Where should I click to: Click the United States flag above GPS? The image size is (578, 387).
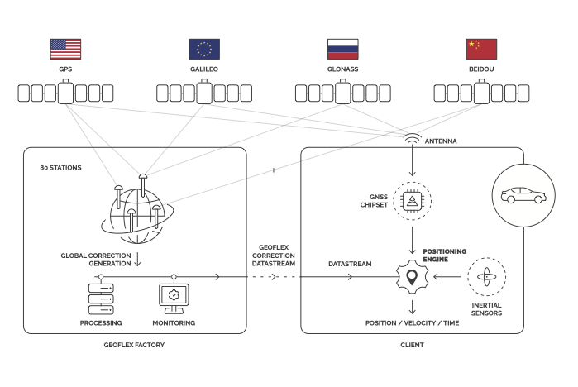pyautogui.click(x=65, y=49)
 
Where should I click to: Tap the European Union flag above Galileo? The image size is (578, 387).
pyautogui.click(x=204, y=49)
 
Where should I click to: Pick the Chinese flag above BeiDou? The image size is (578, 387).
pyautogui.click(x=482, y=49)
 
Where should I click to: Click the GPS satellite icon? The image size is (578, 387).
pyautogui.click(x=65, y=93)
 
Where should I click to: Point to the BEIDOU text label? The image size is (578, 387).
pyautogui.click(x=482, y=70)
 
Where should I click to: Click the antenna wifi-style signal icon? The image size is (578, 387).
pyautogui.click(x=411, y=138)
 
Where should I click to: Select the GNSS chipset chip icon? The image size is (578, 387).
pyautogui.click(x=411, y=201)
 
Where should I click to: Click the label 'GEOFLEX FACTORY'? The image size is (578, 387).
pyautogui.click(x=136, y=343)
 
